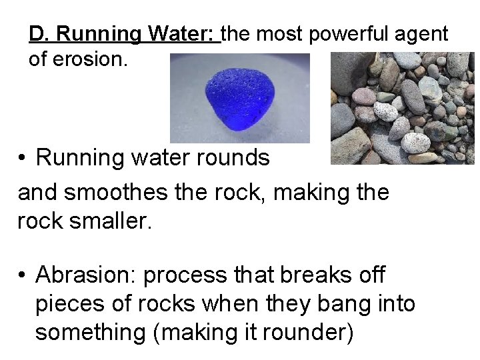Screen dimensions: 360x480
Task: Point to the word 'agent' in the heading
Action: (x=428, y=33)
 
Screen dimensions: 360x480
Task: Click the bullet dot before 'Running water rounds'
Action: (x=23, y=159)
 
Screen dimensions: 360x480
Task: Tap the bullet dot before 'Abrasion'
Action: (x=23, y=275)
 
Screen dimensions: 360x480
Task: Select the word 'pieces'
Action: (x=71, y=303)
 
